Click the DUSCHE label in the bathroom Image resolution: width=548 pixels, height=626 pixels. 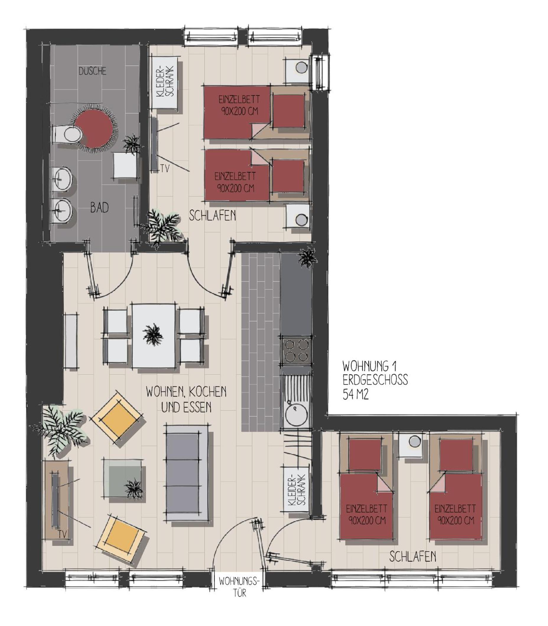(92, 71)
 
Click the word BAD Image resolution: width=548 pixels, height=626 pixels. (99, 208)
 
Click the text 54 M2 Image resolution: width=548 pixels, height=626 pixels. (356, 394)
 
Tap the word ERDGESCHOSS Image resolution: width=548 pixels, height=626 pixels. (375, 380)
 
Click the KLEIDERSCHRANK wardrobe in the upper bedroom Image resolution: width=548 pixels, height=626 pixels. (165, 82)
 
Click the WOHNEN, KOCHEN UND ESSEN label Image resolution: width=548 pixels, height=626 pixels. (186, 400)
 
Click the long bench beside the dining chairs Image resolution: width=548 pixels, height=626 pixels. (71, 341)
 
